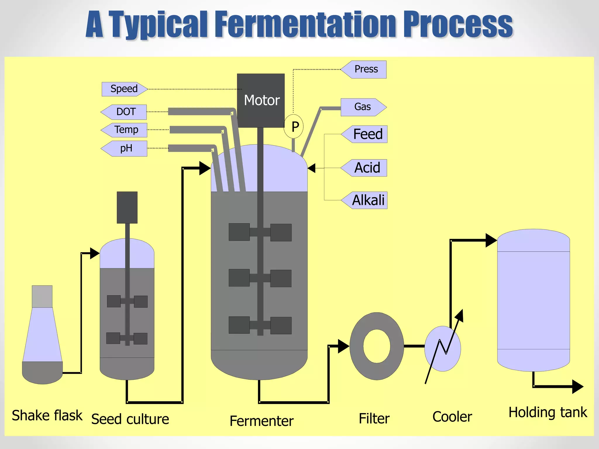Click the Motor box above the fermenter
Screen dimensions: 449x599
click(x=261, y=100)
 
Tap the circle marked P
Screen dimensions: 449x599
click(x=294, y=127)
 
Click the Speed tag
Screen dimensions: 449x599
click(x=124, y=89)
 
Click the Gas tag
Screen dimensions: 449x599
click(x=363, y=107)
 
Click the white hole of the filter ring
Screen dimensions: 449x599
click(x=377, y=346)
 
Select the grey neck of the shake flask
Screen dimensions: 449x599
click(x=42, y=296)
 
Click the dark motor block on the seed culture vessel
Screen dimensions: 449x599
click(x=127, y=207)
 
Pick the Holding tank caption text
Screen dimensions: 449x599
click(x=548, y=412)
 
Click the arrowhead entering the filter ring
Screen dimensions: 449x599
click(x=343, y=346)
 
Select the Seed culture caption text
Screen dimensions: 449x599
click(x=130, y=419)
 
